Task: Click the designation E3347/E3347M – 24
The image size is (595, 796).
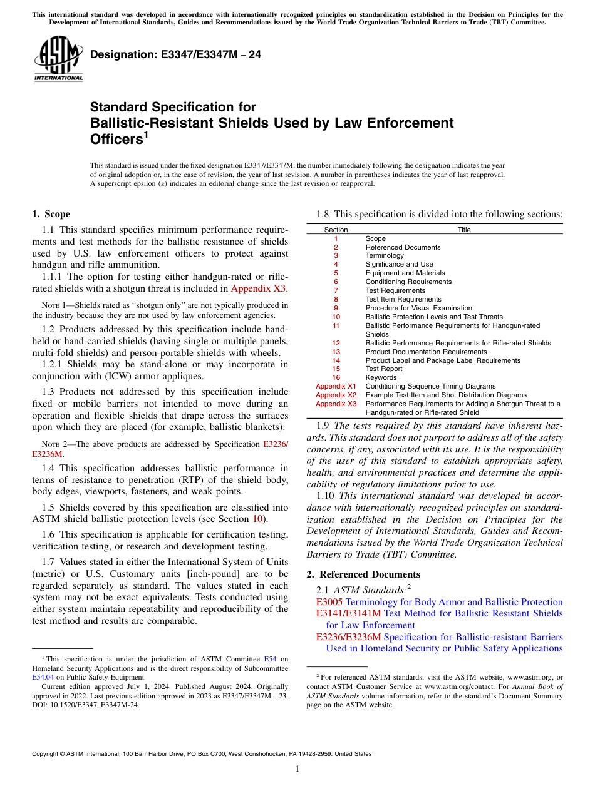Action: pyautogui.click(x=175, y=54)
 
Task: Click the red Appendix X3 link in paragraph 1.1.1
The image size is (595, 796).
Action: pyautogui.click(x=259, y=288)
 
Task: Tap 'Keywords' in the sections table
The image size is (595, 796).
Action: pyautogui.click(x=381, y=377)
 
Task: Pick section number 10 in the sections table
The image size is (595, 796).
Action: pyautogui.click(x=336, y=317)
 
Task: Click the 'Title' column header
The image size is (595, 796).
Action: pyautogui.click(x=463, y=230)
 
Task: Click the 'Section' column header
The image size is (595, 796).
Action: pyautogui.click(x=336, y=230)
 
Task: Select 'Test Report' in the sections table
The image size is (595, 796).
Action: pyautogui.click(x=384, y=369)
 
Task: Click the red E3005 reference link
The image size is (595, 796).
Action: pyautogui.click(x=329, y=602)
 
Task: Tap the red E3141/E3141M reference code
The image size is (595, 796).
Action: pyautogui.click(x=349, y=613)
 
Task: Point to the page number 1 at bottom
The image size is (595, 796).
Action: pyautogui.click(x=297, y=769)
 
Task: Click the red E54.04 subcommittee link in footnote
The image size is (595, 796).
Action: pyautogui.click(x=43, y=676)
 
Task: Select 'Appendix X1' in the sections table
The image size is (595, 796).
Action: pyautogui.click(x=336, y=386)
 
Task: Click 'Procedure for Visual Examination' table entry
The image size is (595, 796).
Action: pyautogui.click(x=418, y=308)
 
